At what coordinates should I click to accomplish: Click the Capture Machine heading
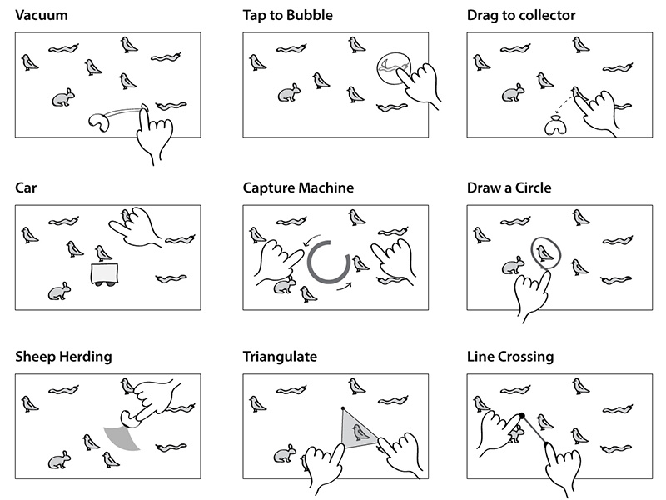pos(298,187)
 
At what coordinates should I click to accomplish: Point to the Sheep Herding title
pos(63,357)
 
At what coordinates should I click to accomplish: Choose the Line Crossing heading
pos(510,357)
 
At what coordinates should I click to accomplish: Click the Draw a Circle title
pos(509,187)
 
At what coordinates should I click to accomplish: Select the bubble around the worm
pos(393,67)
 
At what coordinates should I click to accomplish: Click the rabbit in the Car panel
pos(58,292)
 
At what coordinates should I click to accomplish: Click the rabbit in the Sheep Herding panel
pos(58,459)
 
